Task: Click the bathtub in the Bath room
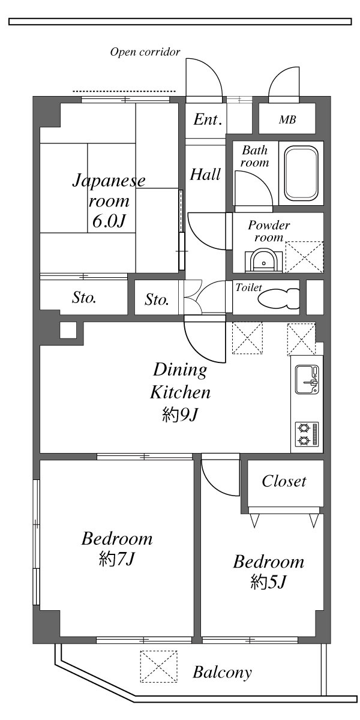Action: pos(301,173)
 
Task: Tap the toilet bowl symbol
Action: pos(278,298)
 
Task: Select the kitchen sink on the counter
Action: pos(307,380)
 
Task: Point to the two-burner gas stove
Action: pos(307,434)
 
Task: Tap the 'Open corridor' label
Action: pos(145,52)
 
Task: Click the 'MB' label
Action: pos(287,119)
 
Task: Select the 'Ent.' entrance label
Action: pos(208,119)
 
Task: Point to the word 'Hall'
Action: pos(205,175)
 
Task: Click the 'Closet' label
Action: pos(284,481)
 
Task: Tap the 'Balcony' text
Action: pos(222,672)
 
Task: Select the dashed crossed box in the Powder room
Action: pos(304,257)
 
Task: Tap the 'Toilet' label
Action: pos(248,287)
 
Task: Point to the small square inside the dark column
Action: pos(68,330)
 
